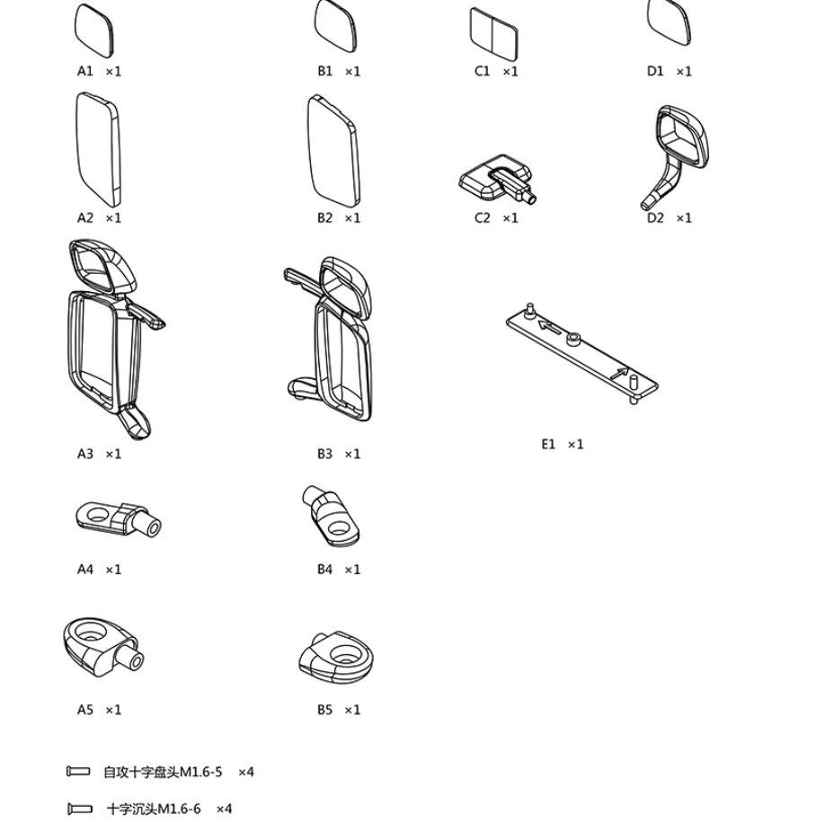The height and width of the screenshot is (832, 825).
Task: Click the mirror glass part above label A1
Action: click(x=93, y=29)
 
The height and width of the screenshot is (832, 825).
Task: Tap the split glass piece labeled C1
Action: click(x=493, y=31)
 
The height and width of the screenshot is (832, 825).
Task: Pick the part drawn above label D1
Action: click(x=670, y=23)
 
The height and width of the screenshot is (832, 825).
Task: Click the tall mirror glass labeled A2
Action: click(x=97, y=149)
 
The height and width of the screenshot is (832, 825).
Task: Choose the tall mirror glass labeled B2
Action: click(x=333, y=149)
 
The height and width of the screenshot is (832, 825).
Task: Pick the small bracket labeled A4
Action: click(x=117, y=518)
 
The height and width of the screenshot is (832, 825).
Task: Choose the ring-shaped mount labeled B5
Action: click(x=335, y=658)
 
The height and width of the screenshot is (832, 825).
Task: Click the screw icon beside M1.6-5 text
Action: click(x=79, y=771)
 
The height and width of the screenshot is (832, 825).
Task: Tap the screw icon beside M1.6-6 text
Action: click(x=79, y=809)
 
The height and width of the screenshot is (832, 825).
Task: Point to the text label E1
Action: click(x=548, y=444)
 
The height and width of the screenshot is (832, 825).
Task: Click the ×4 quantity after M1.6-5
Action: click(x=245, y=772)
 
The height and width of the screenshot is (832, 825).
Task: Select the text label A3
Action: click(x=85, y=454)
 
